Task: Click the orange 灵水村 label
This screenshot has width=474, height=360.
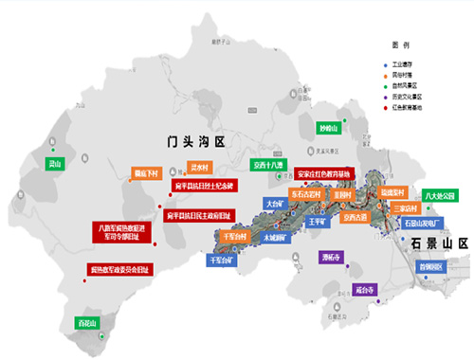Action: tap(200, 167)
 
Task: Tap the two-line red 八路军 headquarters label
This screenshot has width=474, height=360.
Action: tap(123, 233)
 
